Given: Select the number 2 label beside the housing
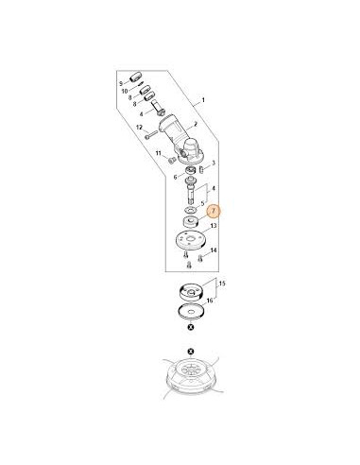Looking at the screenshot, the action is [x=196, y=124].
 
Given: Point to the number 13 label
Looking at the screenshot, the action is [x=214, y=227].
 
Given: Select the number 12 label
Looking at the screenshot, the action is [x=139, y=127].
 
